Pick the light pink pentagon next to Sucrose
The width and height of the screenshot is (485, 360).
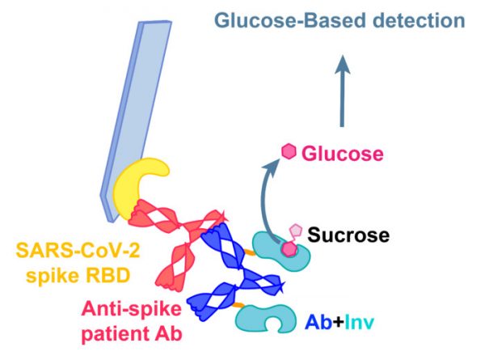coord(297,232)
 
